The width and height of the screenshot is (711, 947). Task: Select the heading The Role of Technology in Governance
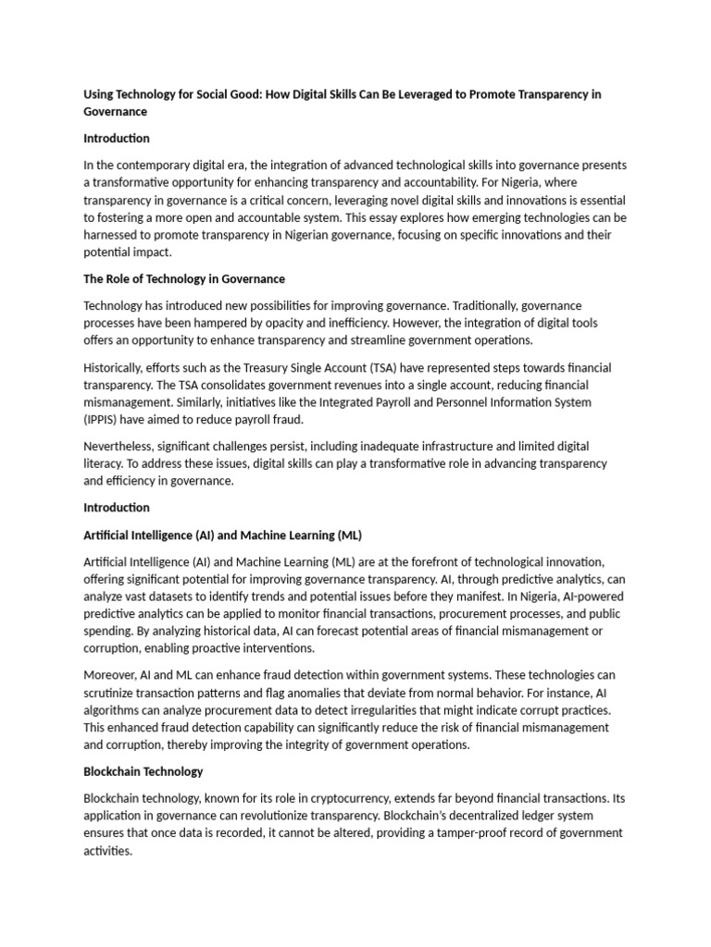[x=184, y=278]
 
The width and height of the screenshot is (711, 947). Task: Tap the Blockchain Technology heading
[x=143, y=771]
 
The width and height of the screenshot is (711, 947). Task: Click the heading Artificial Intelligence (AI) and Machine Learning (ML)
[x=222, y=535]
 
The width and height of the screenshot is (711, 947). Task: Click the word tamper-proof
[x=463, y=832]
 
